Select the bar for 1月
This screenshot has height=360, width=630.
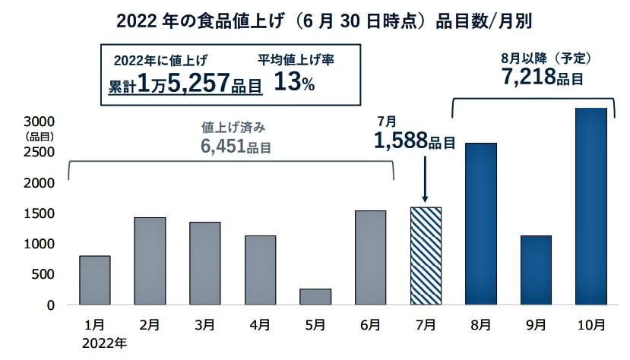coord(95,280)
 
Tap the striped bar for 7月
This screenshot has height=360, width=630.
coord(426,256)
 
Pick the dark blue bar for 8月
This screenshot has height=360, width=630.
coord(480,224)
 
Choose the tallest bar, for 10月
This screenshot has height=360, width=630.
coord(590,207)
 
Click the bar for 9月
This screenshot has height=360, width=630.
coord(536,270)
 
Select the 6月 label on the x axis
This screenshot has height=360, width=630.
coord(370,325)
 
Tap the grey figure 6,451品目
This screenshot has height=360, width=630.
coord(236,148)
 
